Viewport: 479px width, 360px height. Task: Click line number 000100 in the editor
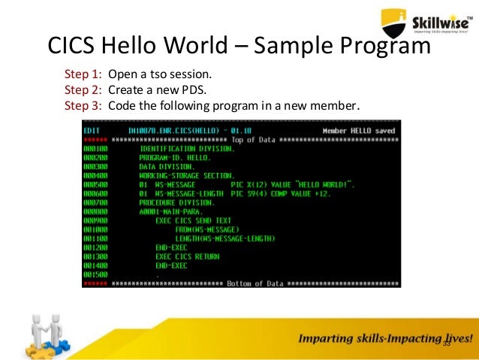pos(96,149)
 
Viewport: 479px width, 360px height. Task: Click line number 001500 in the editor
pos(96,275)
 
